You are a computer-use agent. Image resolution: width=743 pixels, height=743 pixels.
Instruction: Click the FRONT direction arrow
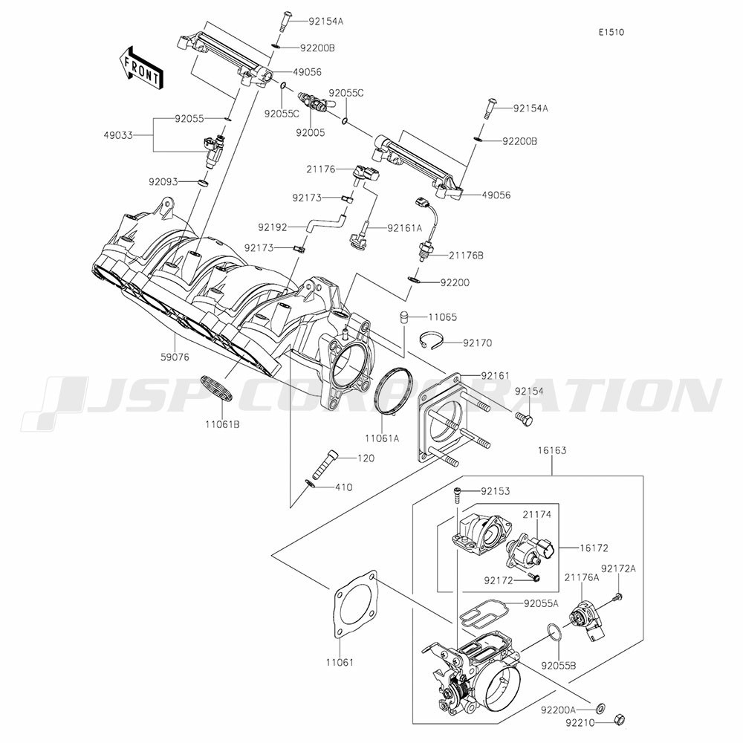141,68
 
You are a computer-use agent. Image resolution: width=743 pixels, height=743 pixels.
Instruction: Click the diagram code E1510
611,32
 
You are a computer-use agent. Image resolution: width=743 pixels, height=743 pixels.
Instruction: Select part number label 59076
174,357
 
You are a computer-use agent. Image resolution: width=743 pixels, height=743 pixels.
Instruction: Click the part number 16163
551,450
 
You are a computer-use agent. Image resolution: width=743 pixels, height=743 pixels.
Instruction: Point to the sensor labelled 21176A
585,621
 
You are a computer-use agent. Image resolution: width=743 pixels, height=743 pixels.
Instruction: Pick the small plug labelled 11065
404,317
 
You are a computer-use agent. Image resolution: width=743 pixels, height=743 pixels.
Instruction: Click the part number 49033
119,135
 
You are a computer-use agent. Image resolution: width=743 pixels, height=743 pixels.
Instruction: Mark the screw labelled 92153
458,496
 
